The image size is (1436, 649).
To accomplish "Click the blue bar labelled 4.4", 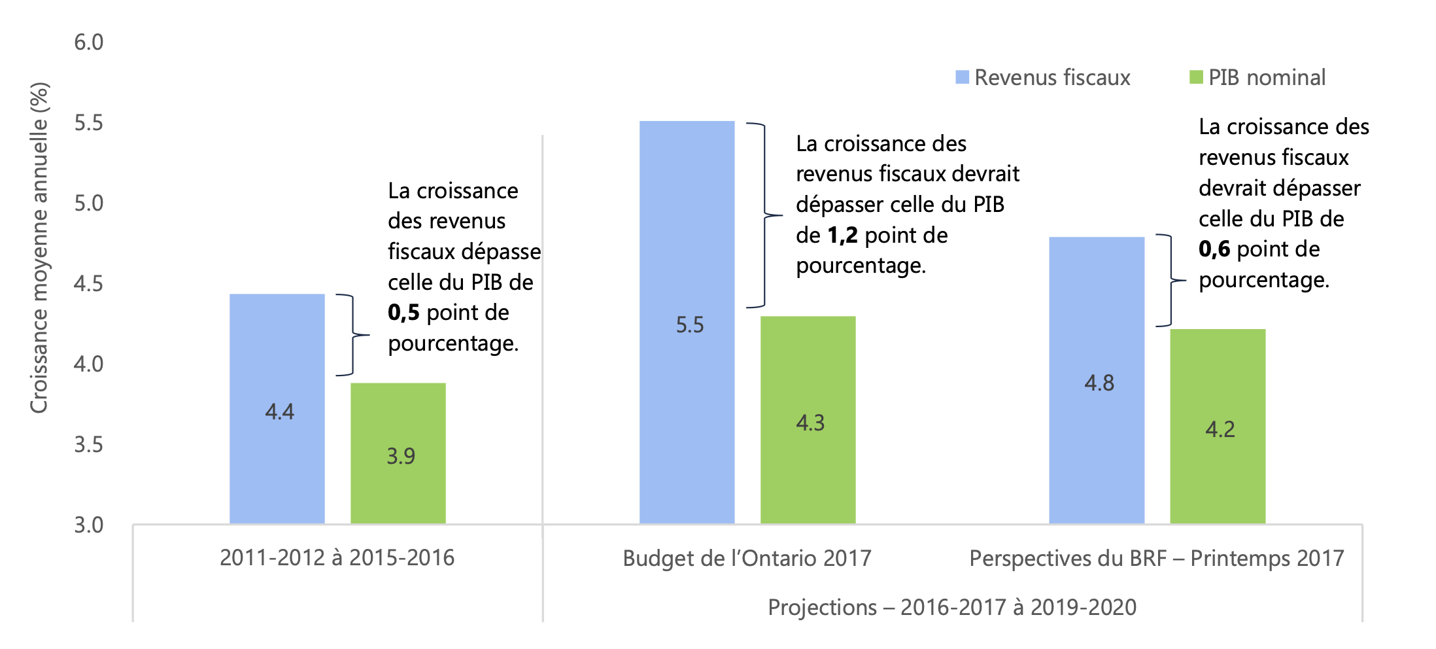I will (277, 409).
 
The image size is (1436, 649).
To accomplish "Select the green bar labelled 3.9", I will (398, 453).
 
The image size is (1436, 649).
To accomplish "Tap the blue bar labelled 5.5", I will (687, 322).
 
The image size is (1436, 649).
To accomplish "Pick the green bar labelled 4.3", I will (808, 419).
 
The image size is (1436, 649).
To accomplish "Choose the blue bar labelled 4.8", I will (1097, 379).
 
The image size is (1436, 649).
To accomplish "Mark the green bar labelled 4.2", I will (1218, 426).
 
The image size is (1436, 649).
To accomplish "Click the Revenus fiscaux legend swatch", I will (962, 77).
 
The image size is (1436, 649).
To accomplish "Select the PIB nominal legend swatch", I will (1196, 77).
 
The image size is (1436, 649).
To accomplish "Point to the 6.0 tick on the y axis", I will (89, 43).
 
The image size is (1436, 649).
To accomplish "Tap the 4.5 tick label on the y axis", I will (89, 284).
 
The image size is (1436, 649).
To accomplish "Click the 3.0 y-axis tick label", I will (89, 525).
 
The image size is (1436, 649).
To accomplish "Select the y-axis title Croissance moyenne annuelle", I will (39, 247).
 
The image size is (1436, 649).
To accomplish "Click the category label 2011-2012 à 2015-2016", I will (337, 557).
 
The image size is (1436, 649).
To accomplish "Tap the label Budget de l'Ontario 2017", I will (747, 558).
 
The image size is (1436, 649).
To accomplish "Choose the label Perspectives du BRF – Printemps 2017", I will (1156, 558).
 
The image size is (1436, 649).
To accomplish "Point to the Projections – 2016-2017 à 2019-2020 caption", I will (952, 607).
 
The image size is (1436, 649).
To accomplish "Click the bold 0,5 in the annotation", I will (403, 313).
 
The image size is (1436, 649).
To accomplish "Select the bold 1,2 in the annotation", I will (843, 236).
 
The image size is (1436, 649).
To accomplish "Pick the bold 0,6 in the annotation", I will (1214, 249).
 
